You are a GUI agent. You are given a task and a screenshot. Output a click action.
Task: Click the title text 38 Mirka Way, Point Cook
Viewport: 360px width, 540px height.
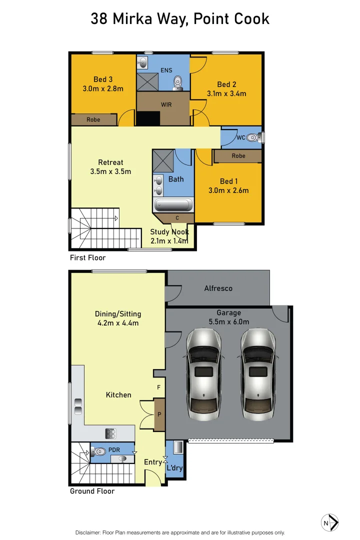coord(180,19)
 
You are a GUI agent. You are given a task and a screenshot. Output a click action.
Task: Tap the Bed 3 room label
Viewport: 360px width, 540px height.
coord(103,79)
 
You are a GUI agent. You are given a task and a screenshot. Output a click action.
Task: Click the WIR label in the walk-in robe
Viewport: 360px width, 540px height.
coord(166,104)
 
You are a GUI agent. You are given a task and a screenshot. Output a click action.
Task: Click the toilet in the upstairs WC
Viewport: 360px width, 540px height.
coord(254,137)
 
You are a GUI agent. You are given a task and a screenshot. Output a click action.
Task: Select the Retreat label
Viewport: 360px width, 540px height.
coord(110,162)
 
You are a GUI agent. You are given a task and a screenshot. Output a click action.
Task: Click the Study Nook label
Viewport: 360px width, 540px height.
coord(169,232)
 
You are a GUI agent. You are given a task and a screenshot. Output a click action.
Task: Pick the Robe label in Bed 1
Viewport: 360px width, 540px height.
coord(238,156)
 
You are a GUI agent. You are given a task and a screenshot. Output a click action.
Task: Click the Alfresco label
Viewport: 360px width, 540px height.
coord(218,288)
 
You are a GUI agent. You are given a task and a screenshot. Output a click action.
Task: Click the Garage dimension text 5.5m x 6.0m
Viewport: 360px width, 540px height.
coord(228,322)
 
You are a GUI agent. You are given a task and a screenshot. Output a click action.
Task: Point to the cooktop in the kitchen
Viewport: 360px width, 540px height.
coord(110,433)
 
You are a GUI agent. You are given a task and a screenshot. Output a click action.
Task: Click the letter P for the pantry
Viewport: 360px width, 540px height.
coord(159,415)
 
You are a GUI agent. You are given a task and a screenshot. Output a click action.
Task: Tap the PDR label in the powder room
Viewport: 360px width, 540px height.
coord(114,449)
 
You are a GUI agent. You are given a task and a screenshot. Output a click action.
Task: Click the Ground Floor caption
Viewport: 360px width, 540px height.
coord(92,491)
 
